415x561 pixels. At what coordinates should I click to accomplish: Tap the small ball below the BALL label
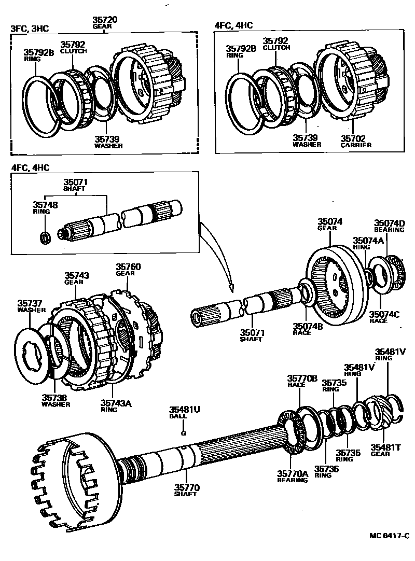pyautogui.click(x=183, y=433)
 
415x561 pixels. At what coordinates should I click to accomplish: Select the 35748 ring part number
pyautogui.click(x=46, y=205)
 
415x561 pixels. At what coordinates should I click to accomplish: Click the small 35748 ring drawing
pyautogui.click(x=45, y=237)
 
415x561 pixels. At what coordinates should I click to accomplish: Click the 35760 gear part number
pyautogui.click(x=128, y=267)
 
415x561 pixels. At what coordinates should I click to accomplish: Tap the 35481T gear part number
pyautogui.click(x=384, y=447)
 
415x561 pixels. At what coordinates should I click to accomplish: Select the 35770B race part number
pyautogui.click(x=302, y=378)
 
